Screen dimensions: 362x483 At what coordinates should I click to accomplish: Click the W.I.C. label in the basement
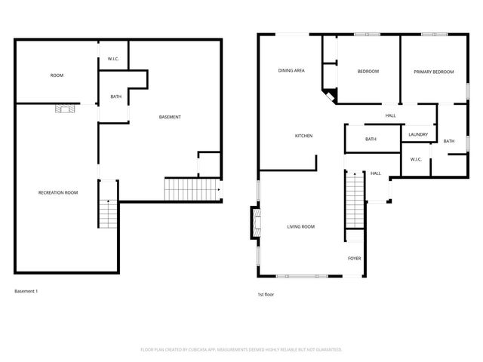112,59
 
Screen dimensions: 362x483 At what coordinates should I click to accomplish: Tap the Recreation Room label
58,193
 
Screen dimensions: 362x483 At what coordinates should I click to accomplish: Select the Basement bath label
115,97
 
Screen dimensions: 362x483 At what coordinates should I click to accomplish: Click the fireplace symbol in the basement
66,109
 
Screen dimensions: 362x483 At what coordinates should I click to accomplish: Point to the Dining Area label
291,70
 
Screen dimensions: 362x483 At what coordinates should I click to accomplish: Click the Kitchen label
303,136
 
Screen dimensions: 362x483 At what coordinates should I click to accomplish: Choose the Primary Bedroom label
434,72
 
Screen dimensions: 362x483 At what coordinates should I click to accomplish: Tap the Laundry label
418,135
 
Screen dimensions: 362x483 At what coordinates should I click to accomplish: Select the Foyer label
354,259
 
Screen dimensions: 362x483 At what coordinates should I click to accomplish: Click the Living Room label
300,226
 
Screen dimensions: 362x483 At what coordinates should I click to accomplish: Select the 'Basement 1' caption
26,291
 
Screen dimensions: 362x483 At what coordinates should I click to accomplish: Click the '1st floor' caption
266,294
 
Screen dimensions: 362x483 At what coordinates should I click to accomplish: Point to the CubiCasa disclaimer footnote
241,350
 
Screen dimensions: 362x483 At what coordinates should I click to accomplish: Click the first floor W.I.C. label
416,159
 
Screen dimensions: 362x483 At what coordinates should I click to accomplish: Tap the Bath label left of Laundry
371,139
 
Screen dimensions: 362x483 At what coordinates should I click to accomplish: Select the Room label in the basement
57,75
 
